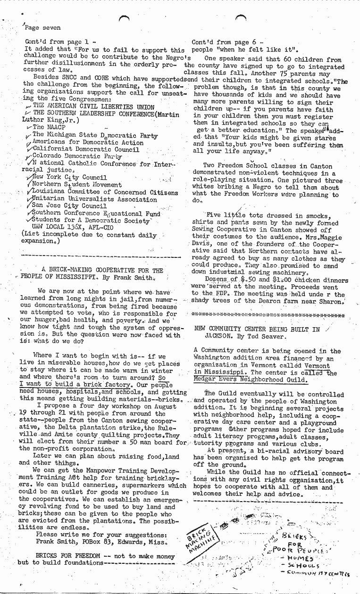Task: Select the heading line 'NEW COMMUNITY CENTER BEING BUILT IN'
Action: point(257,330)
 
